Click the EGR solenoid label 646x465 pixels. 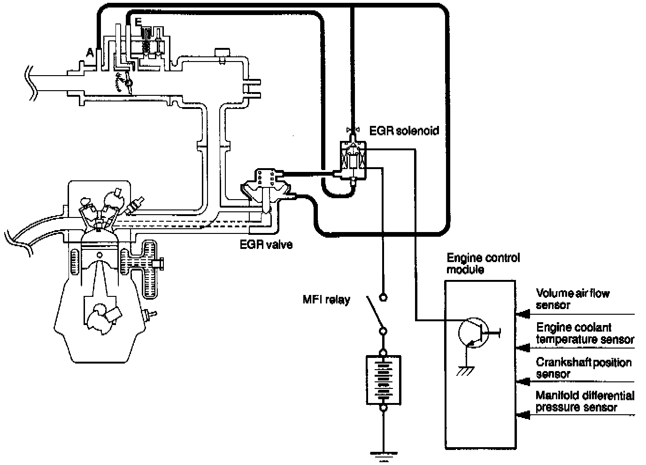404,131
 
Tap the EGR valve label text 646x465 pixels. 266,245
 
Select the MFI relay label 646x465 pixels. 326,299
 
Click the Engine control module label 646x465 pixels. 483,263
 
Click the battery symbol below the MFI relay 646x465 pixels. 383,380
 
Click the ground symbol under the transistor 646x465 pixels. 465,371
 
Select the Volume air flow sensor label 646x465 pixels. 572,299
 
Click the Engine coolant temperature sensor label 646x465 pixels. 585,333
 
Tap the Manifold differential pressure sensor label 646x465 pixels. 585,401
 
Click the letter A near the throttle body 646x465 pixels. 90,53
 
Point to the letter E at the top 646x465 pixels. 138,22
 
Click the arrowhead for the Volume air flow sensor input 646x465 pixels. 523,314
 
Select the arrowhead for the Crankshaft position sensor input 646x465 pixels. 523,381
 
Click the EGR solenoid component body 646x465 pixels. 353,160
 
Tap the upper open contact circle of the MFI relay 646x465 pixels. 383,297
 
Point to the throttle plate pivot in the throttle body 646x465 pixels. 129,83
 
